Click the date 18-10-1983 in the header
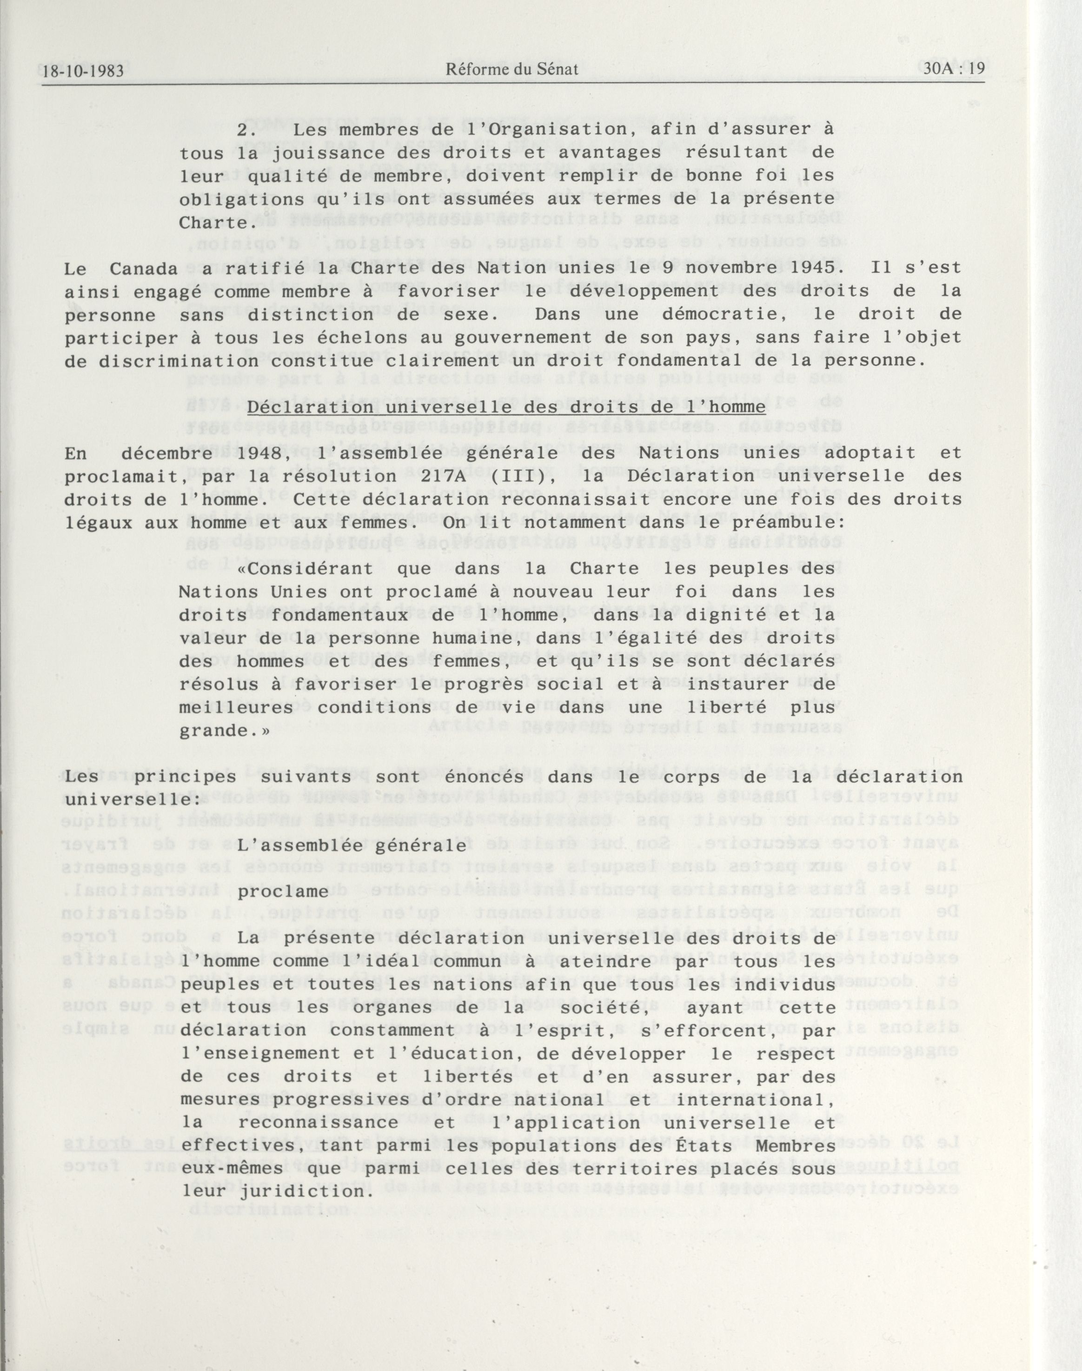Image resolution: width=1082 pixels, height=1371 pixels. pos(82,70)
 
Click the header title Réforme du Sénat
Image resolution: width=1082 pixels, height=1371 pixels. pos(512,70)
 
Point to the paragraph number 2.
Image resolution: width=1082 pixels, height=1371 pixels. pos(246,129)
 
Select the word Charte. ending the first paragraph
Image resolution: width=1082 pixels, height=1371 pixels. pos(212,224)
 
